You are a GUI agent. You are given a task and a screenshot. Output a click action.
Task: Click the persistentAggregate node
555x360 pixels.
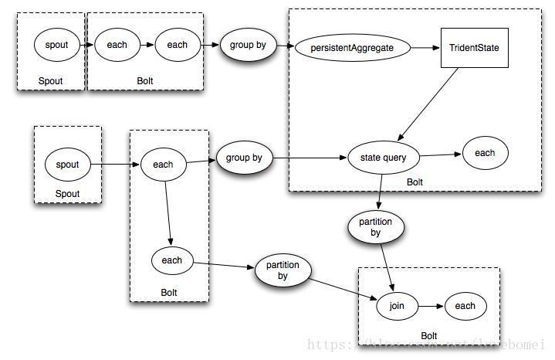click(x=351, y=47)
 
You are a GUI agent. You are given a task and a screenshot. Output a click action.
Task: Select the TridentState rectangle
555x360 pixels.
click(x=474, y=48)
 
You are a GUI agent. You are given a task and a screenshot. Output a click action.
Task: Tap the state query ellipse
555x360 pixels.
click(x=383, y=158)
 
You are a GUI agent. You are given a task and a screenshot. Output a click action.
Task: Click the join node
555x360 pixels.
click(x=397, y=307)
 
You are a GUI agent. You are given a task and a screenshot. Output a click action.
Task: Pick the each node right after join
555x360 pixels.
click(x=465, y=306)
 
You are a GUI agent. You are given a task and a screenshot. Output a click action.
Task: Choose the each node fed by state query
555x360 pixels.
click(x=485, y=153)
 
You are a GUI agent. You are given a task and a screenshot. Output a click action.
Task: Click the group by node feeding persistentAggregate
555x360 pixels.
click(x=248, y=45)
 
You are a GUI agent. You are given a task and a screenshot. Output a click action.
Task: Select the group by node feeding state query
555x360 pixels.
click(x=244, y=158)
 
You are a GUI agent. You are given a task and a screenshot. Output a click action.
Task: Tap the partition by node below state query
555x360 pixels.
click(x=376, y=227)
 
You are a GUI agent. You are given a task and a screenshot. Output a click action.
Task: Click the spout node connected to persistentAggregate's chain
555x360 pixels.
click(x=56, y=45)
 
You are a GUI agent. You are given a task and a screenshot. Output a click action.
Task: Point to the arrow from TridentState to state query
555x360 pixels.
click(x=429, y=104)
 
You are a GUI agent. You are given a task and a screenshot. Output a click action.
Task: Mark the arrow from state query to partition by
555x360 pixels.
click(x=380, y=190)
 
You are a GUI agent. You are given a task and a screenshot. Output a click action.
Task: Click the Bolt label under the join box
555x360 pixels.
click(x=428, y=336)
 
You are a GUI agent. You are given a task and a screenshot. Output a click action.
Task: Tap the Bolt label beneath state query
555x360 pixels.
click(x=415, y=182)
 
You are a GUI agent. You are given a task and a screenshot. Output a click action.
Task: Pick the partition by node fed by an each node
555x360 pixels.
click(x=283, y=270)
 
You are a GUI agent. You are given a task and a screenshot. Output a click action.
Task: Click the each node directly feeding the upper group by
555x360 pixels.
click(x=177, y=45)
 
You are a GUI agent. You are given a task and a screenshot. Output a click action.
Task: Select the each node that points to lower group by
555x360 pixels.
click(x=163, y=164)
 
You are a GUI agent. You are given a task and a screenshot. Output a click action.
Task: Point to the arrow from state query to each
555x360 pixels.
click(x=440, y=156)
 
